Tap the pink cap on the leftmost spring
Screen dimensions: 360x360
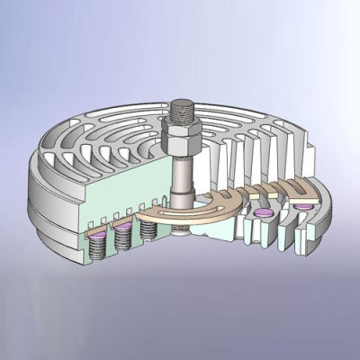pos(94,229)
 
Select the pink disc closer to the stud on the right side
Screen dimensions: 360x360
pos(264,212)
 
